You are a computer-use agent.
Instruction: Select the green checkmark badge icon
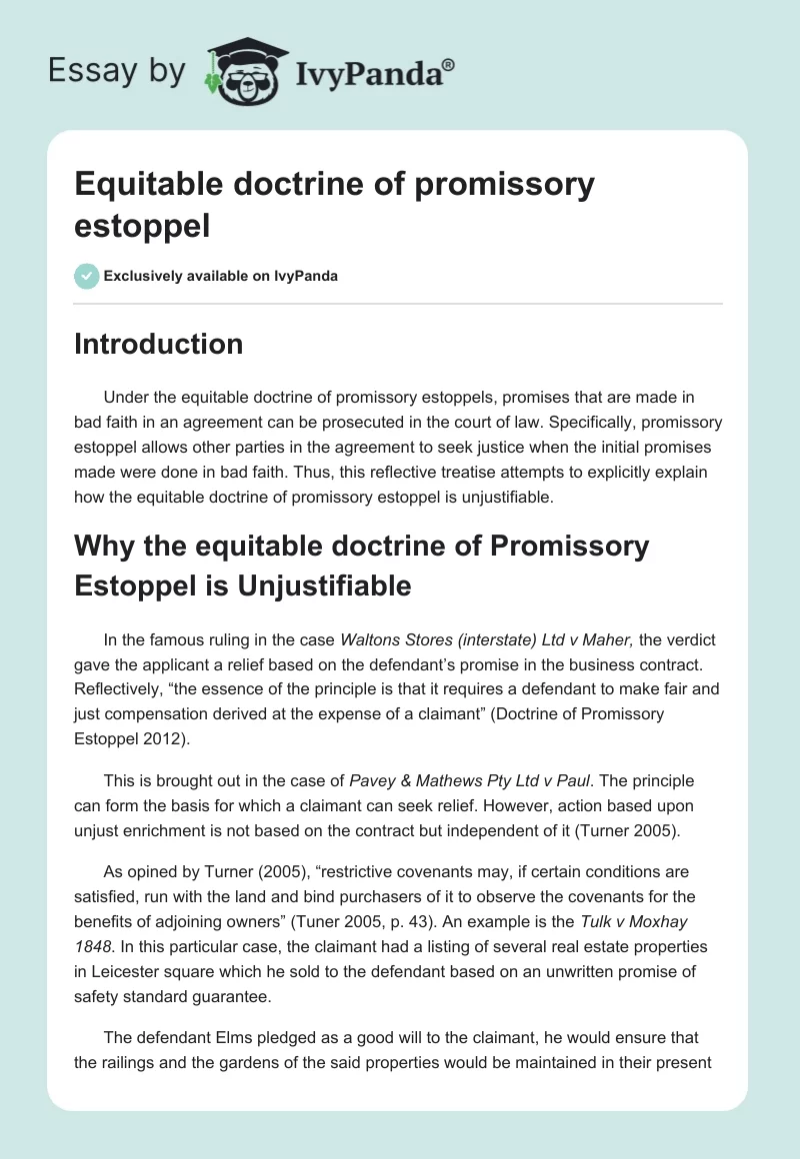point(87,276)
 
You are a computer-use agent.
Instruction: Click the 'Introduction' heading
point(159,344)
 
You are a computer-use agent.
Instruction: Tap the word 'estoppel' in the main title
point(142,225)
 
